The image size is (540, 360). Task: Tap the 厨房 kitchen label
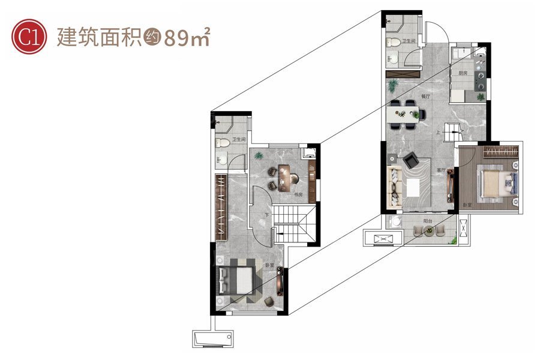point(463,73)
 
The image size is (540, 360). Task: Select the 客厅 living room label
point(442,170)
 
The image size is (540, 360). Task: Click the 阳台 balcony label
point(428,221)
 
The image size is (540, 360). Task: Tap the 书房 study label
point(298,194)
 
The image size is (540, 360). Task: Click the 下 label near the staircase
point(266,215)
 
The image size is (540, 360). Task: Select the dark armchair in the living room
point(412,160)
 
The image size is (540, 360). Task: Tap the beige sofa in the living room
point(395,187)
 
